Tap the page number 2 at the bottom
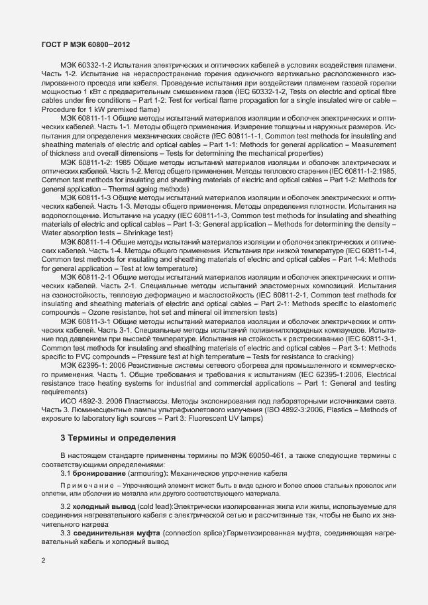pos(43,562)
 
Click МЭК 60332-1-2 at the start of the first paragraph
pos(83,66)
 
